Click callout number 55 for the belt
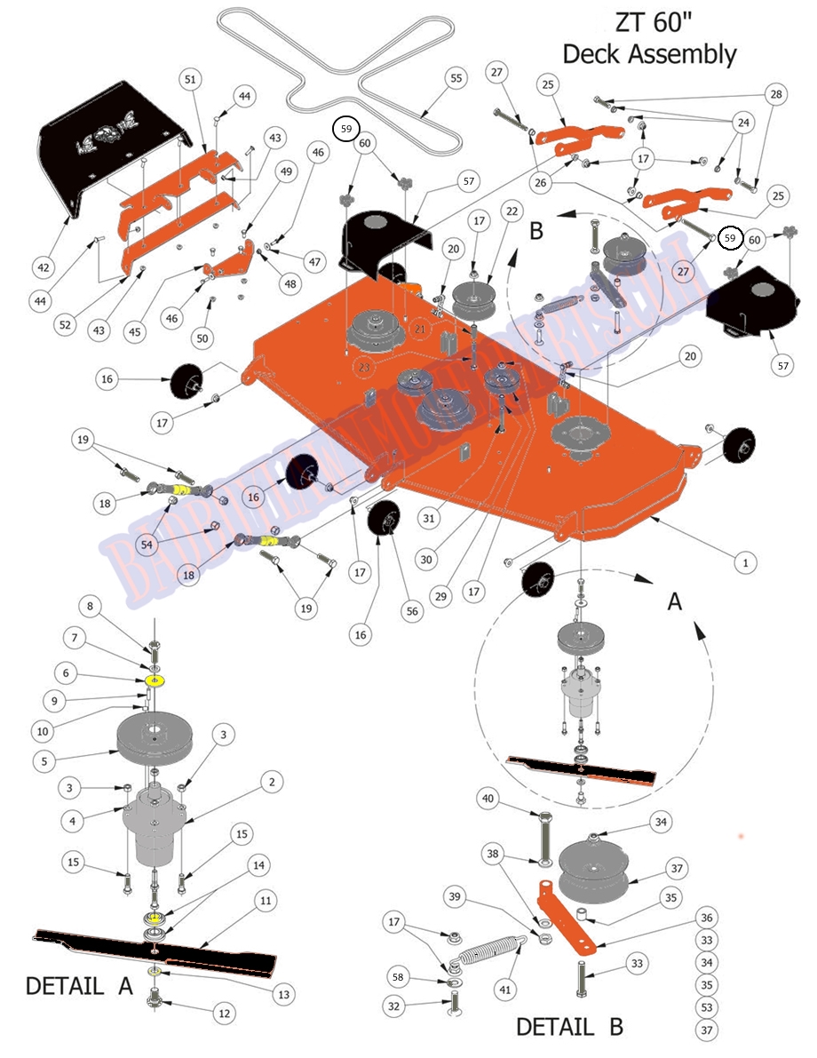456,79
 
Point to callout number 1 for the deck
745,561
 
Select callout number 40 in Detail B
487,799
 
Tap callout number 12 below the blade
223,1012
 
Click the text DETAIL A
79,985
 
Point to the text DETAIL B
569,1027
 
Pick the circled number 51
189,80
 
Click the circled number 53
707,1007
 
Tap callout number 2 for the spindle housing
273,782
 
